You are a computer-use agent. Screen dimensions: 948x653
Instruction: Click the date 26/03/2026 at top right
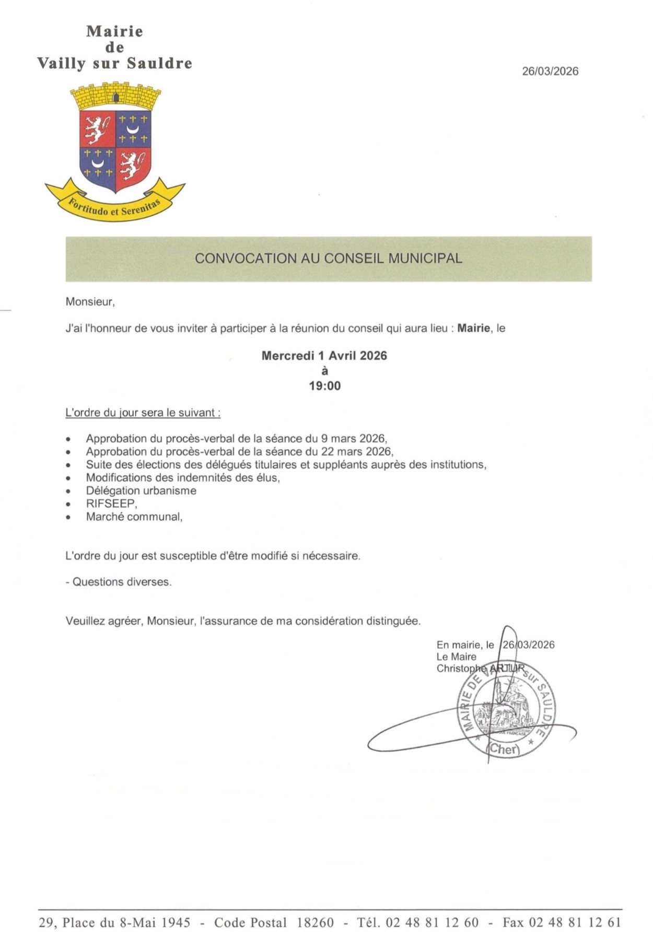550,72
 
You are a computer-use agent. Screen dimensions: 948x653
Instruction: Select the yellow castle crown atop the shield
115,95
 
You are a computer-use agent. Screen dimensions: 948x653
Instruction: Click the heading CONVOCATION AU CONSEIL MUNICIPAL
328,259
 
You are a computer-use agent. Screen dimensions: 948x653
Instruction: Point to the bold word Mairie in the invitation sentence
474,329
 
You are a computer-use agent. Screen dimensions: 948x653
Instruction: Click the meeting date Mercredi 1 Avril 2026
324,356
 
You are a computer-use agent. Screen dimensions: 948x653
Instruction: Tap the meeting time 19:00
324,386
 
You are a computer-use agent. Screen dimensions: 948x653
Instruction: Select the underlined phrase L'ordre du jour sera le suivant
142,413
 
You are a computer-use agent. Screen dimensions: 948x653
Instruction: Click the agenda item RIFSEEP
111,504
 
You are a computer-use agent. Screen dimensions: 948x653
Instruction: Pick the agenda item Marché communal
134,517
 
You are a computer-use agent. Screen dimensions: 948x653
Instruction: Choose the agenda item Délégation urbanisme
141,490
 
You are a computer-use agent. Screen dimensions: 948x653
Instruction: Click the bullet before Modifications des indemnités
68,478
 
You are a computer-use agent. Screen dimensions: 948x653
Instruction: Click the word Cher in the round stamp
504,749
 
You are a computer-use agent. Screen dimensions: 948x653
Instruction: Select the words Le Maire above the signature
456,657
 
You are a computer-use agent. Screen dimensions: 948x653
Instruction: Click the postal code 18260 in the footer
315,922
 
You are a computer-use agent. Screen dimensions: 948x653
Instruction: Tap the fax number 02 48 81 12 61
575,922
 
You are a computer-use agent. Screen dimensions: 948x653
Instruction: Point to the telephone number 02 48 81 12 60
432,922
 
